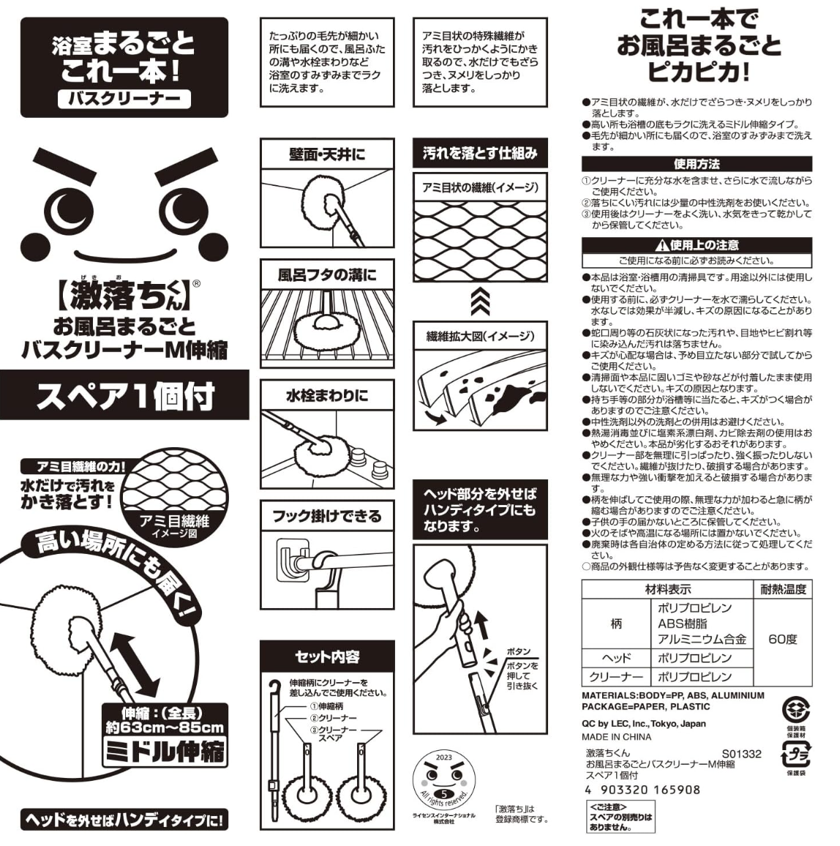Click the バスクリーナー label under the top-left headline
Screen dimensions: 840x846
coord(124,98)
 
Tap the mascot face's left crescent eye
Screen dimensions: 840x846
coord(67,211)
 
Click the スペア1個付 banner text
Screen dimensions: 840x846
coord(125,395)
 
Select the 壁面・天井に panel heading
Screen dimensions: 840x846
coord(327,155)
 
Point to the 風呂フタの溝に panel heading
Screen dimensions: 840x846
coord(327,275)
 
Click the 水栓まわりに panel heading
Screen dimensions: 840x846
coord(327,395)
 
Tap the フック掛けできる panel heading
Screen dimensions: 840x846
coord(327,517)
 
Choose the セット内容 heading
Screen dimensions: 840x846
coord(327,656)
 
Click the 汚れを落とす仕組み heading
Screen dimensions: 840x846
coord(480,153)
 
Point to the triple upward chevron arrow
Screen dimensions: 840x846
coord(480,301)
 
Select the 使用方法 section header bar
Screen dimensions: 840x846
coord(697,164)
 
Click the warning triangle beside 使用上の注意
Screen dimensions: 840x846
coord(662,245)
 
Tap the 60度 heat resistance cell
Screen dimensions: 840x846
coord(782,640)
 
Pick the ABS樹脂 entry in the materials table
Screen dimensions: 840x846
coord(682,624)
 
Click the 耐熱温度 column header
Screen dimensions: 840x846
coord(783,589)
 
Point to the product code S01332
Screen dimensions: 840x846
coord(741,754)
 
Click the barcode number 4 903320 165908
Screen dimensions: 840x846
coord(642,790)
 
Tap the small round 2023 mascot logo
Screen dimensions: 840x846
coord(444,779)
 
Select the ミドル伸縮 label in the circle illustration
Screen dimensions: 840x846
coord(165,752)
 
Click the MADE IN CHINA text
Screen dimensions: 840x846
coord(616,737)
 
